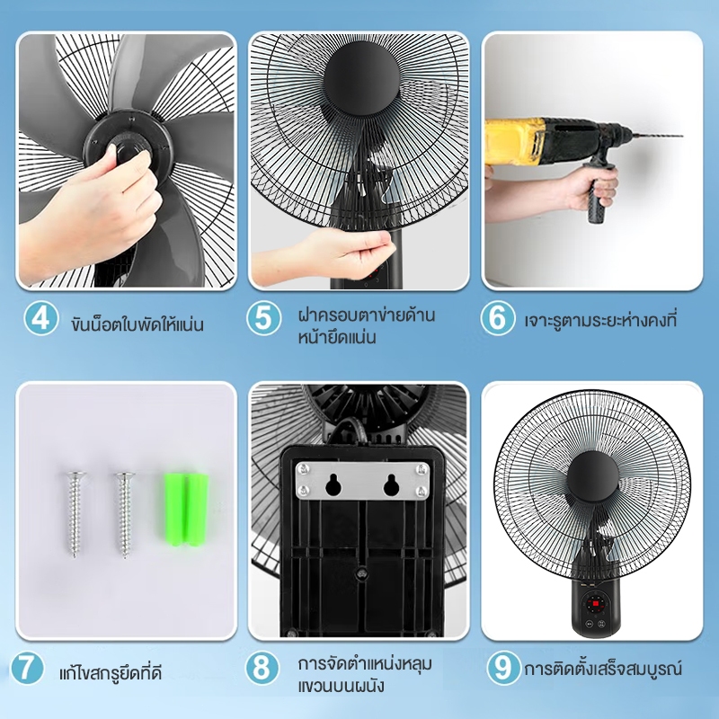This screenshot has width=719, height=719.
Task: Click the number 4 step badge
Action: tap(40, 318)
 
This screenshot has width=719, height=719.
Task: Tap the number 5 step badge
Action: tap(263, 318)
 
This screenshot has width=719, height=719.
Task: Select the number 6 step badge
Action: tap(498, 318)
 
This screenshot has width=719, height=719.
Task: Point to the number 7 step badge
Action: tap(27, 668)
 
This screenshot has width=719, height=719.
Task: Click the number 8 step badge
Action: tap(262, 668)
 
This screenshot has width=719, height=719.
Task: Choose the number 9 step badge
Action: tap(503, 668)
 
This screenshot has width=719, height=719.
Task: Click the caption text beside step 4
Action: tap(138, 324)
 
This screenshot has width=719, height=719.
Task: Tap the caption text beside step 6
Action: tap(600, 320)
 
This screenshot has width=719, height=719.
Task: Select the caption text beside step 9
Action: tap(603, 668)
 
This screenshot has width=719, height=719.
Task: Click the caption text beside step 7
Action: tap(111, 672)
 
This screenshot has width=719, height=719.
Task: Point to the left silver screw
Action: tap(74, 513)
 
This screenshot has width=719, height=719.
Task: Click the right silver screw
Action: tap(125, 513)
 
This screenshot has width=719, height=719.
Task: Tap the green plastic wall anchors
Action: tap(186, 509)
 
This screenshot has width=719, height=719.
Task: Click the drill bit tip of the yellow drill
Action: tap(681, 136)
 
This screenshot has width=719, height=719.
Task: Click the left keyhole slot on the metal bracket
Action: tap(333, 484)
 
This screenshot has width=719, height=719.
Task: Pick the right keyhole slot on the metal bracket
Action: tap(391, 484)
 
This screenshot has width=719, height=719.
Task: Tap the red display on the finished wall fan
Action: tap(596, 602)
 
